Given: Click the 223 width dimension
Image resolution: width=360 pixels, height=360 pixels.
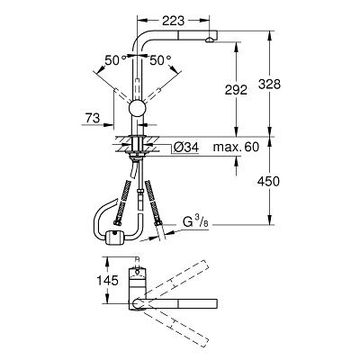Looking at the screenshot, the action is click(x=173, y=21).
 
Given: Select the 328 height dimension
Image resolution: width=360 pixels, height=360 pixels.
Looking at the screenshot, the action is click(x=269, y=85).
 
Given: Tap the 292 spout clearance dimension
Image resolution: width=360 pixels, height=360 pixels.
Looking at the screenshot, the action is click(x=236, y=90).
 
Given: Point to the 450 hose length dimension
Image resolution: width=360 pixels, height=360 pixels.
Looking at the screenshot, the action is click(x=268, y=181).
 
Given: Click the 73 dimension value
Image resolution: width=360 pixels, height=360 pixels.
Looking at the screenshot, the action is click(x=93, y=118).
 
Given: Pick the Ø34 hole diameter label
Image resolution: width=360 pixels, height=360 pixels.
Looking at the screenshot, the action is click(x=186, y=147).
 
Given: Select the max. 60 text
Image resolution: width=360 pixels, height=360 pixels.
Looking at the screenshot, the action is click(x=236, y=147).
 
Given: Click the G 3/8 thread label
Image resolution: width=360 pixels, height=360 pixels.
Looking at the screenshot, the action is click(x=195, y=222).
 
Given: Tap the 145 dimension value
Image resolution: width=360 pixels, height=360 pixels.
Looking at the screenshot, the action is click(x=107, y=281).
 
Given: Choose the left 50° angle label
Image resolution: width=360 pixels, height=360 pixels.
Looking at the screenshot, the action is click(x=115, y=60).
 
